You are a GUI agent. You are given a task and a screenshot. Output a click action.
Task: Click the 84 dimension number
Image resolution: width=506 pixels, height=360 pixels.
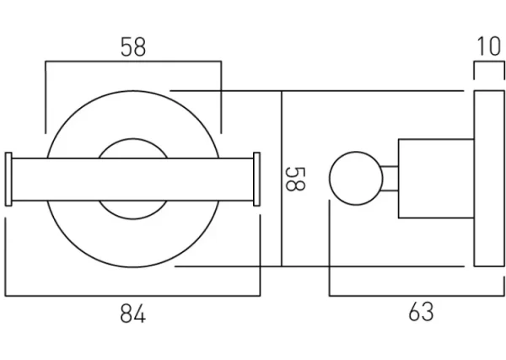coord(132,315)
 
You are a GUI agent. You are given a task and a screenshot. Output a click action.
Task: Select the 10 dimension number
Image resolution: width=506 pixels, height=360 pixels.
coord(487,46)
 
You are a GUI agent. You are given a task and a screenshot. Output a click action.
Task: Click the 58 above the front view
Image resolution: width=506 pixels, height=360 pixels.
coord(132,47)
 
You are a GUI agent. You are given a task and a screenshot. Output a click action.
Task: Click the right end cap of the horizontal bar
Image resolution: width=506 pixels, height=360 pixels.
coord(257,179)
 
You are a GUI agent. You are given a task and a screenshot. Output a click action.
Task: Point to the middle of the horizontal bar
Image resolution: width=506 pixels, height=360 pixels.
coord(132,179)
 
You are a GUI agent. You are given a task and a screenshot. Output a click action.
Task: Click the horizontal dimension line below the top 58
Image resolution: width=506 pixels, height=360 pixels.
coord(132,61)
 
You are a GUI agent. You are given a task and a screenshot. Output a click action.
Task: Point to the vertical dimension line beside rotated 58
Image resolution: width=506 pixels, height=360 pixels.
coord(281,179)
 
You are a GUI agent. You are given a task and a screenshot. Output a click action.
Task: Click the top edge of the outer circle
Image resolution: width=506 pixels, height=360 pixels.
coord(132,91)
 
